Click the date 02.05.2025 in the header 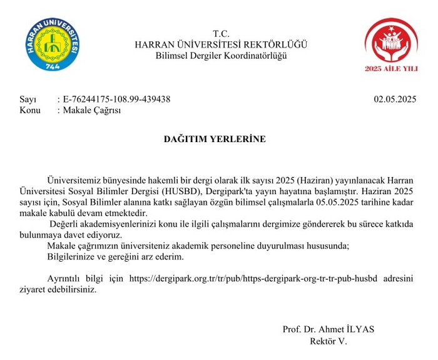(x=395, y=99)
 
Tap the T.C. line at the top (x=222, y=33)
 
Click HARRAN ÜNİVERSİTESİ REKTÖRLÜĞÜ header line (x=222, y=44)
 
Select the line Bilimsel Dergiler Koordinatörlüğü (x=222, y=56)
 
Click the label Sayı (x=29, y=99)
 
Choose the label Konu (x=30, y=110)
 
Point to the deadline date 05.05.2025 (x=337, y=202)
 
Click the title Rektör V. (x=328, y=341)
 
